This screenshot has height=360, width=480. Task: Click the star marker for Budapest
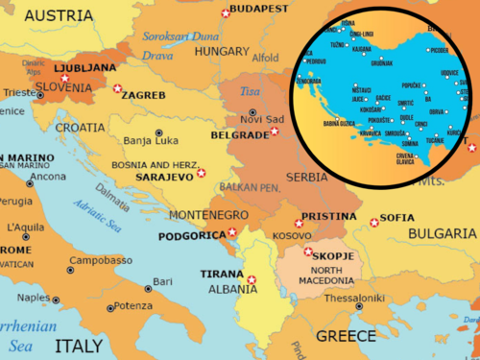(x=226, y=12)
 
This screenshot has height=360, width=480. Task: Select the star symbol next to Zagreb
(x=118, y=89)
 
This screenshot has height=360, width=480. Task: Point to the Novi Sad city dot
(x=252, y=110)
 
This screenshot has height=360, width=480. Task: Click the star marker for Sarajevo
(x=201, y=173)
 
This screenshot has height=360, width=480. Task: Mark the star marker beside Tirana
(x=252, y=280)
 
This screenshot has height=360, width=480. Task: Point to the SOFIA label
(x=397, y=218)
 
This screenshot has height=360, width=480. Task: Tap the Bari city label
(x=163, y=281)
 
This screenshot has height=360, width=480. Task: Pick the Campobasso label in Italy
(x=100, y=260)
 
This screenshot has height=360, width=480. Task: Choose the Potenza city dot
(x=107, y=307)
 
